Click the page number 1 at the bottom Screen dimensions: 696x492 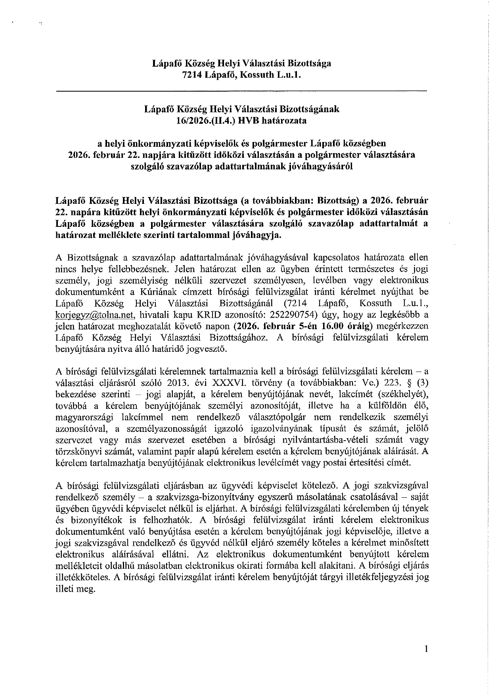[426, 649]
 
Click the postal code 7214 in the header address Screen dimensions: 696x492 [192, 75]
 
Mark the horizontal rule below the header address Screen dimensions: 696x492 [241, 92]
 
